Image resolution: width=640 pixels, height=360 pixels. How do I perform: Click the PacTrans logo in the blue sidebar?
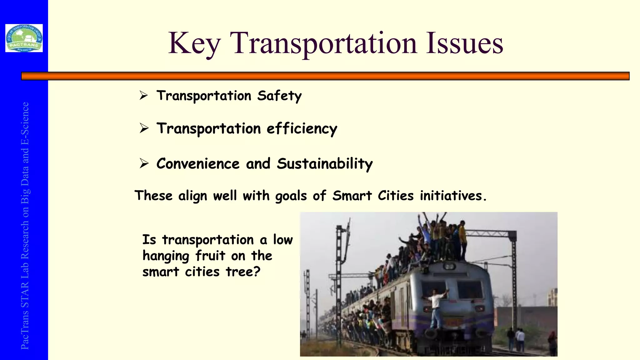click(24, 38)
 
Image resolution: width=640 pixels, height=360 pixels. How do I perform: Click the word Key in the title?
click(194, 44)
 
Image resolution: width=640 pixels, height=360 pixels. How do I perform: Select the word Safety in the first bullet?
click(279, 96)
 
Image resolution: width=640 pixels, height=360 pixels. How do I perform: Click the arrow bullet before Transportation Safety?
click(144, 95)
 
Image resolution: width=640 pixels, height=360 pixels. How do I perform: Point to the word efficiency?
click(302, 129)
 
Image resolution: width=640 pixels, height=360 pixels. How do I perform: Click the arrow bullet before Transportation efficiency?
click(144, 128)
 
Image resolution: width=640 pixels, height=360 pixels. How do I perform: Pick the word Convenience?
click(198, 164)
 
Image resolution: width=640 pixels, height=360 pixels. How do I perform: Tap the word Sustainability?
click(325, 164)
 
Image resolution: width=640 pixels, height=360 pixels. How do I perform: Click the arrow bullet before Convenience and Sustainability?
click(144, 163)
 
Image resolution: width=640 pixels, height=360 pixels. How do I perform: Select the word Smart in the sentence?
click(352, 196)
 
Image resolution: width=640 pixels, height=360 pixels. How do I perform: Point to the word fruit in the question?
click(210, 256)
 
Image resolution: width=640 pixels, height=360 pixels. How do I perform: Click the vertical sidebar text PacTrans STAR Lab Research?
click(25, 225)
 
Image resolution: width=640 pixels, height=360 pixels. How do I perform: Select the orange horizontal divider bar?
click(325, 76)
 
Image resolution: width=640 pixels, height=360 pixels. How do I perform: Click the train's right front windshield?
click(470, 290)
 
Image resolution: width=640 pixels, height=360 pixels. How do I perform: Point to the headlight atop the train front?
click(449, 266)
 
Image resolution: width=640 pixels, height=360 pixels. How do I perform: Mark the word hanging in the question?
click(166, 256)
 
